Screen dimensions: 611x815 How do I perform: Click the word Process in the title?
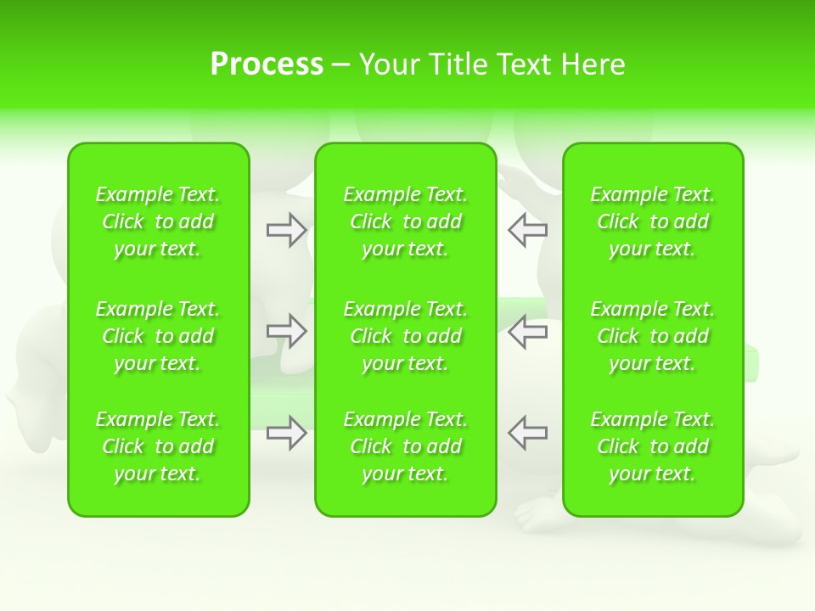(x=267, y=64)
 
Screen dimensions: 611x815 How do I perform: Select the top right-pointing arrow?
(x=286, y=229)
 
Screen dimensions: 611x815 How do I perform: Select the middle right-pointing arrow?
(x=286, y=331)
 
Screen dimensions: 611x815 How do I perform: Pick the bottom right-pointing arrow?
(x=286, y=433)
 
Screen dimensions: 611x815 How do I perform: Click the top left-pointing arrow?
(x=527, y=229)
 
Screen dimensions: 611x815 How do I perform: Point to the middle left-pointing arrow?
(x=527, y=331)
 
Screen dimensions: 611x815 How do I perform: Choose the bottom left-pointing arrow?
(x=527, y=433)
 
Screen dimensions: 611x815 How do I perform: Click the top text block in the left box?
(x=158, y=221)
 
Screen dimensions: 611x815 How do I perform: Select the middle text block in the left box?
(x=158, y=336)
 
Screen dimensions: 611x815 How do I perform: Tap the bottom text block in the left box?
(x=158, y=446)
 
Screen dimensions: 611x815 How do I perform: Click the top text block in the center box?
(x=406, y=221)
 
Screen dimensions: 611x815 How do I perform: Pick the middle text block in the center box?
(x=406, y=336)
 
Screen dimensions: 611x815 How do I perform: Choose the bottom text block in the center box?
(x=406, y=446)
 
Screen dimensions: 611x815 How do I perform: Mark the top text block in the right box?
(x=653, y=221)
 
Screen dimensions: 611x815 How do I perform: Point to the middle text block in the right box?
(x=653, y=336)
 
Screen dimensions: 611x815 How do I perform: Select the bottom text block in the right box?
(x=653, y=446)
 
